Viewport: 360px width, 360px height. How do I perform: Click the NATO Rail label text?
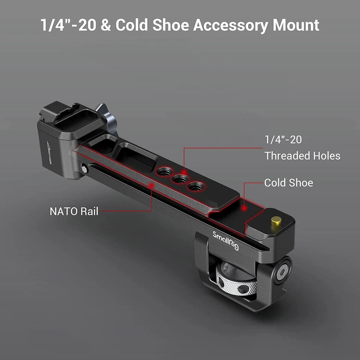73,211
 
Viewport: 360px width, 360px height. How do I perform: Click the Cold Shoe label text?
288,183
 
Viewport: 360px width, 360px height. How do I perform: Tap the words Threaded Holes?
302,156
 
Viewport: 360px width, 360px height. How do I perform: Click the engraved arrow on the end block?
50,151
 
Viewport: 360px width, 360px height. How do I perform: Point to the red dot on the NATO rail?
151,184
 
